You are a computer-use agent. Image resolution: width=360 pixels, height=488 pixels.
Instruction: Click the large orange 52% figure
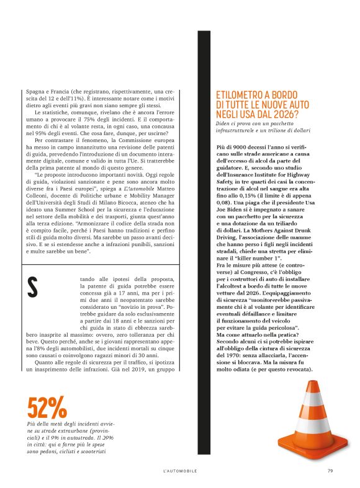click(47, 407)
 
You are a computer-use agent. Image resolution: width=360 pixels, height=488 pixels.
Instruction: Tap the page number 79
click(330, 471)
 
